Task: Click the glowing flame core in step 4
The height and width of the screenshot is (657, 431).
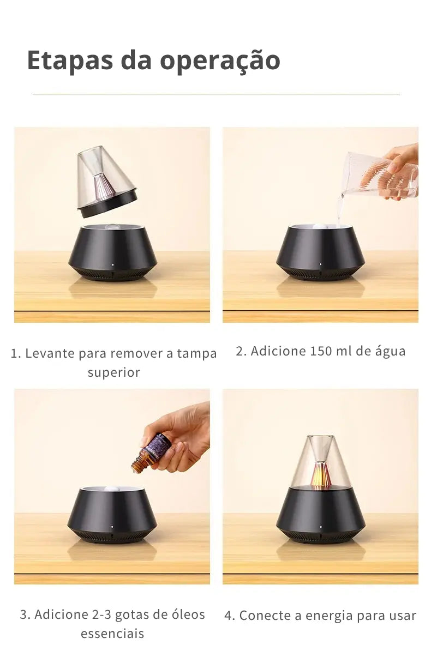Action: coord(320,477)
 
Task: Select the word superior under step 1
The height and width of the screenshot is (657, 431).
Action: coord(113,372)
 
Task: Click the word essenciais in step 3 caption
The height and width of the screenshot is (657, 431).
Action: coord(112,634)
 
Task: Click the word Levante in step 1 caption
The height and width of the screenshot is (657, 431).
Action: coord(50,353)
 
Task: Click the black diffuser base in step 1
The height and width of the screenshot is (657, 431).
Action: coord(112,252)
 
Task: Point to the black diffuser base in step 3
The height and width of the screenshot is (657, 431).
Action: coord(112,515)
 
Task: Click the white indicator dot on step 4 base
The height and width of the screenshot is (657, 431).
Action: coord(321,527)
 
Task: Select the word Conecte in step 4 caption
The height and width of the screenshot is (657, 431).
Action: coord(261,616)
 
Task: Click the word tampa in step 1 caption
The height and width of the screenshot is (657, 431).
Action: coord(197,353)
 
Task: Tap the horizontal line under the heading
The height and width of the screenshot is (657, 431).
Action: coord(216,94)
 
